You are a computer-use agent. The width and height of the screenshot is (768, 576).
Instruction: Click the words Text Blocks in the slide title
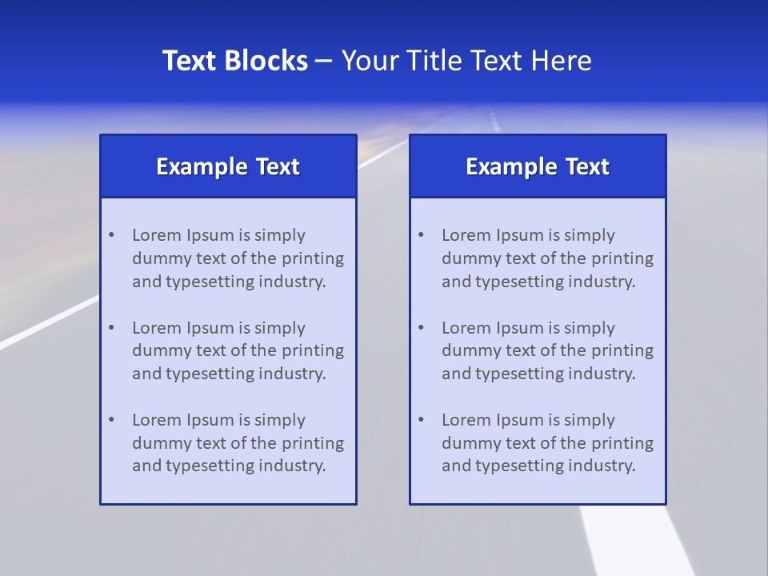click(x=234, y=61)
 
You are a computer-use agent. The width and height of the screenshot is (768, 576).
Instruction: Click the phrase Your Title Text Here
click(x=466, y=61)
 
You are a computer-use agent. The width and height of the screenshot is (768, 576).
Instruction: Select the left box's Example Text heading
click(x=228, y=166)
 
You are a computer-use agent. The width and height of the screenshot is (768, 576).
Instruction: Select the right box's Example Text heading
click(x=538, y=166)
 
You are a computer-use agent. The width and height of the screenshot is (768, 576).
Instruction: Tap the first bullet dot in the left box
click(x=111, y=235)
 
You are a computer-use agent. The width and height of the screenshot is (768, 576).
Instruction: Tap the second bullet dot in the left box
click(x=111, y=328)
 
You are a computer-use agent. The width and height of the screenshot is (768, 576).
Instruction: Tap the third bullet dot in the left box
click(x=111, y=420)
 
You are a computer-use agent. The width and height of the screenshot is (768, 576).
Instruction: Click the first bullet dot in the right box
click(x=421, y=235)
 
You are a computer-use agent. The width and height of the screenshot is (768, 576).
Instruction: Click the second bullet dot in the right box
click(x=421, y=328)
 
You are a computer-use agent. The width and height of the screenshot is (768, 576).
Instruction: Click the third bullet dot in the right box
click(x=421, y=420)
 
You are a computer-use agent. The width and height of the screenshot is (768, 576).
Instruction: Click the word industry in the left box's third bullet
click(x=294, y=466)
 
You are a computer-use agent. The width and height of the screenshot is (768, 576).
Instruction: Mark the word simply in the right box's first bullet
click(x=590, y=236)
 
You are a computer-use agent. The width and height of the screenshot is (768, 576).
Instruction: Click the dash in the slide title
click(x=324, y=62)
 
